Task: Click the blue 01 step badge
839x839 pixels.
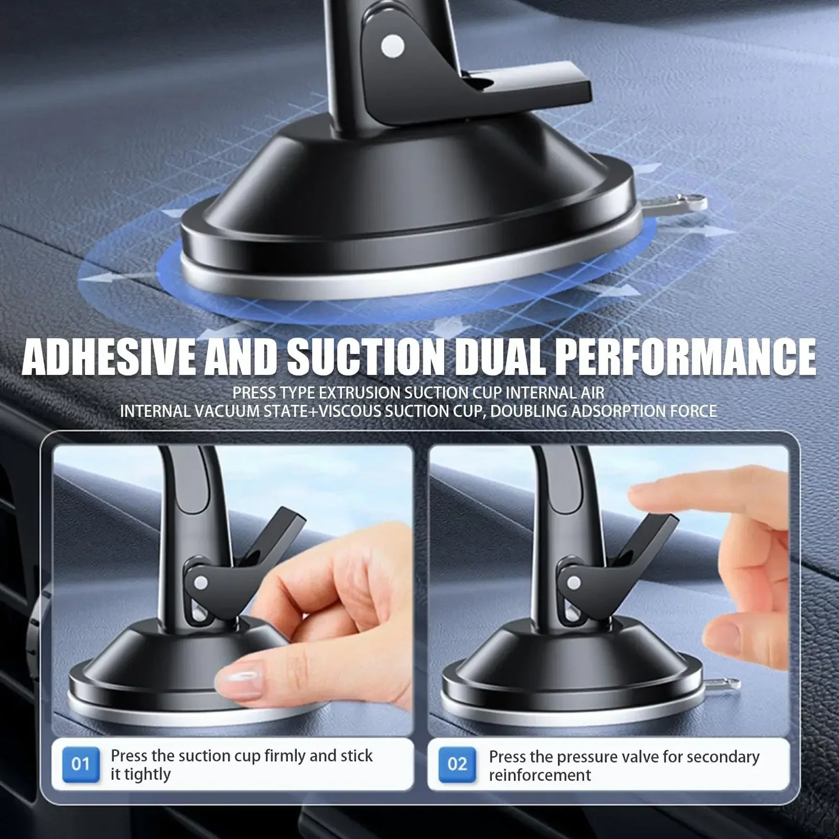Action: point(80,764)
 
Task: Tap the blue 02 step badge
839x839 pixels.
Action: point(458,764)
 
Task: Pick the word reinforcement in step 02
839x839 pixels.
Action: point(539,775)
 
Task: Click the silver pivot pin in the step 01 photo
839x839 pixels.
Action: point(201,582)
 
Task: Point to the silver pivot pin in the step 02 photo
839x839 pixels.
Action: point(574,582)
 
